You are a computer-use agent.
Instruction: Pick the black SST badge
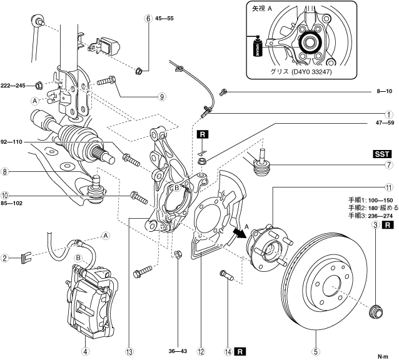pyautogui.click(x=382, y=154)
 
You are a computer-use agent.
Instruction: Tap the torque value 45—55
pyautogui.click(x=163, y=19)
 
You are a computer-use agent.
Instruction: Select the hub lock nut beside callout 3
pyautogui.click(x=377, y=309)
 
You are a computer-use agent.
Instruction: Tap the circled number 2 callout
pyautogui.click(x=4, y=257)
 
